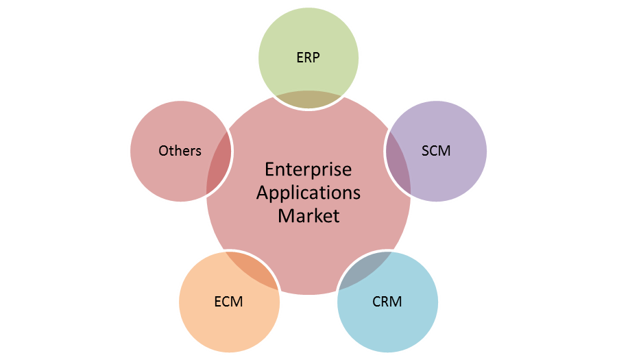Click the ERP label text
click(x=308, y=58)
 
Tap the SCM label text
click(x=436, y=150)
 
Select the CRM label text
click(x=387, y=301)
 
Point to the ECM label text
click(x=228, y=301)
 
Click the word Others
click(x=180, y=150)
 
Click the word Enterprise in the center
click(x=308, y=169)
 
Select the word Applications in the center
click(x=308, y=192)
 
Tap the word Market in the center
click(x=308, y=215)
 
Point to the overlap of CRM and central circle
click(x=363, y=270)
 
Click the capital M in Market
click(x=285, y=215)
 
